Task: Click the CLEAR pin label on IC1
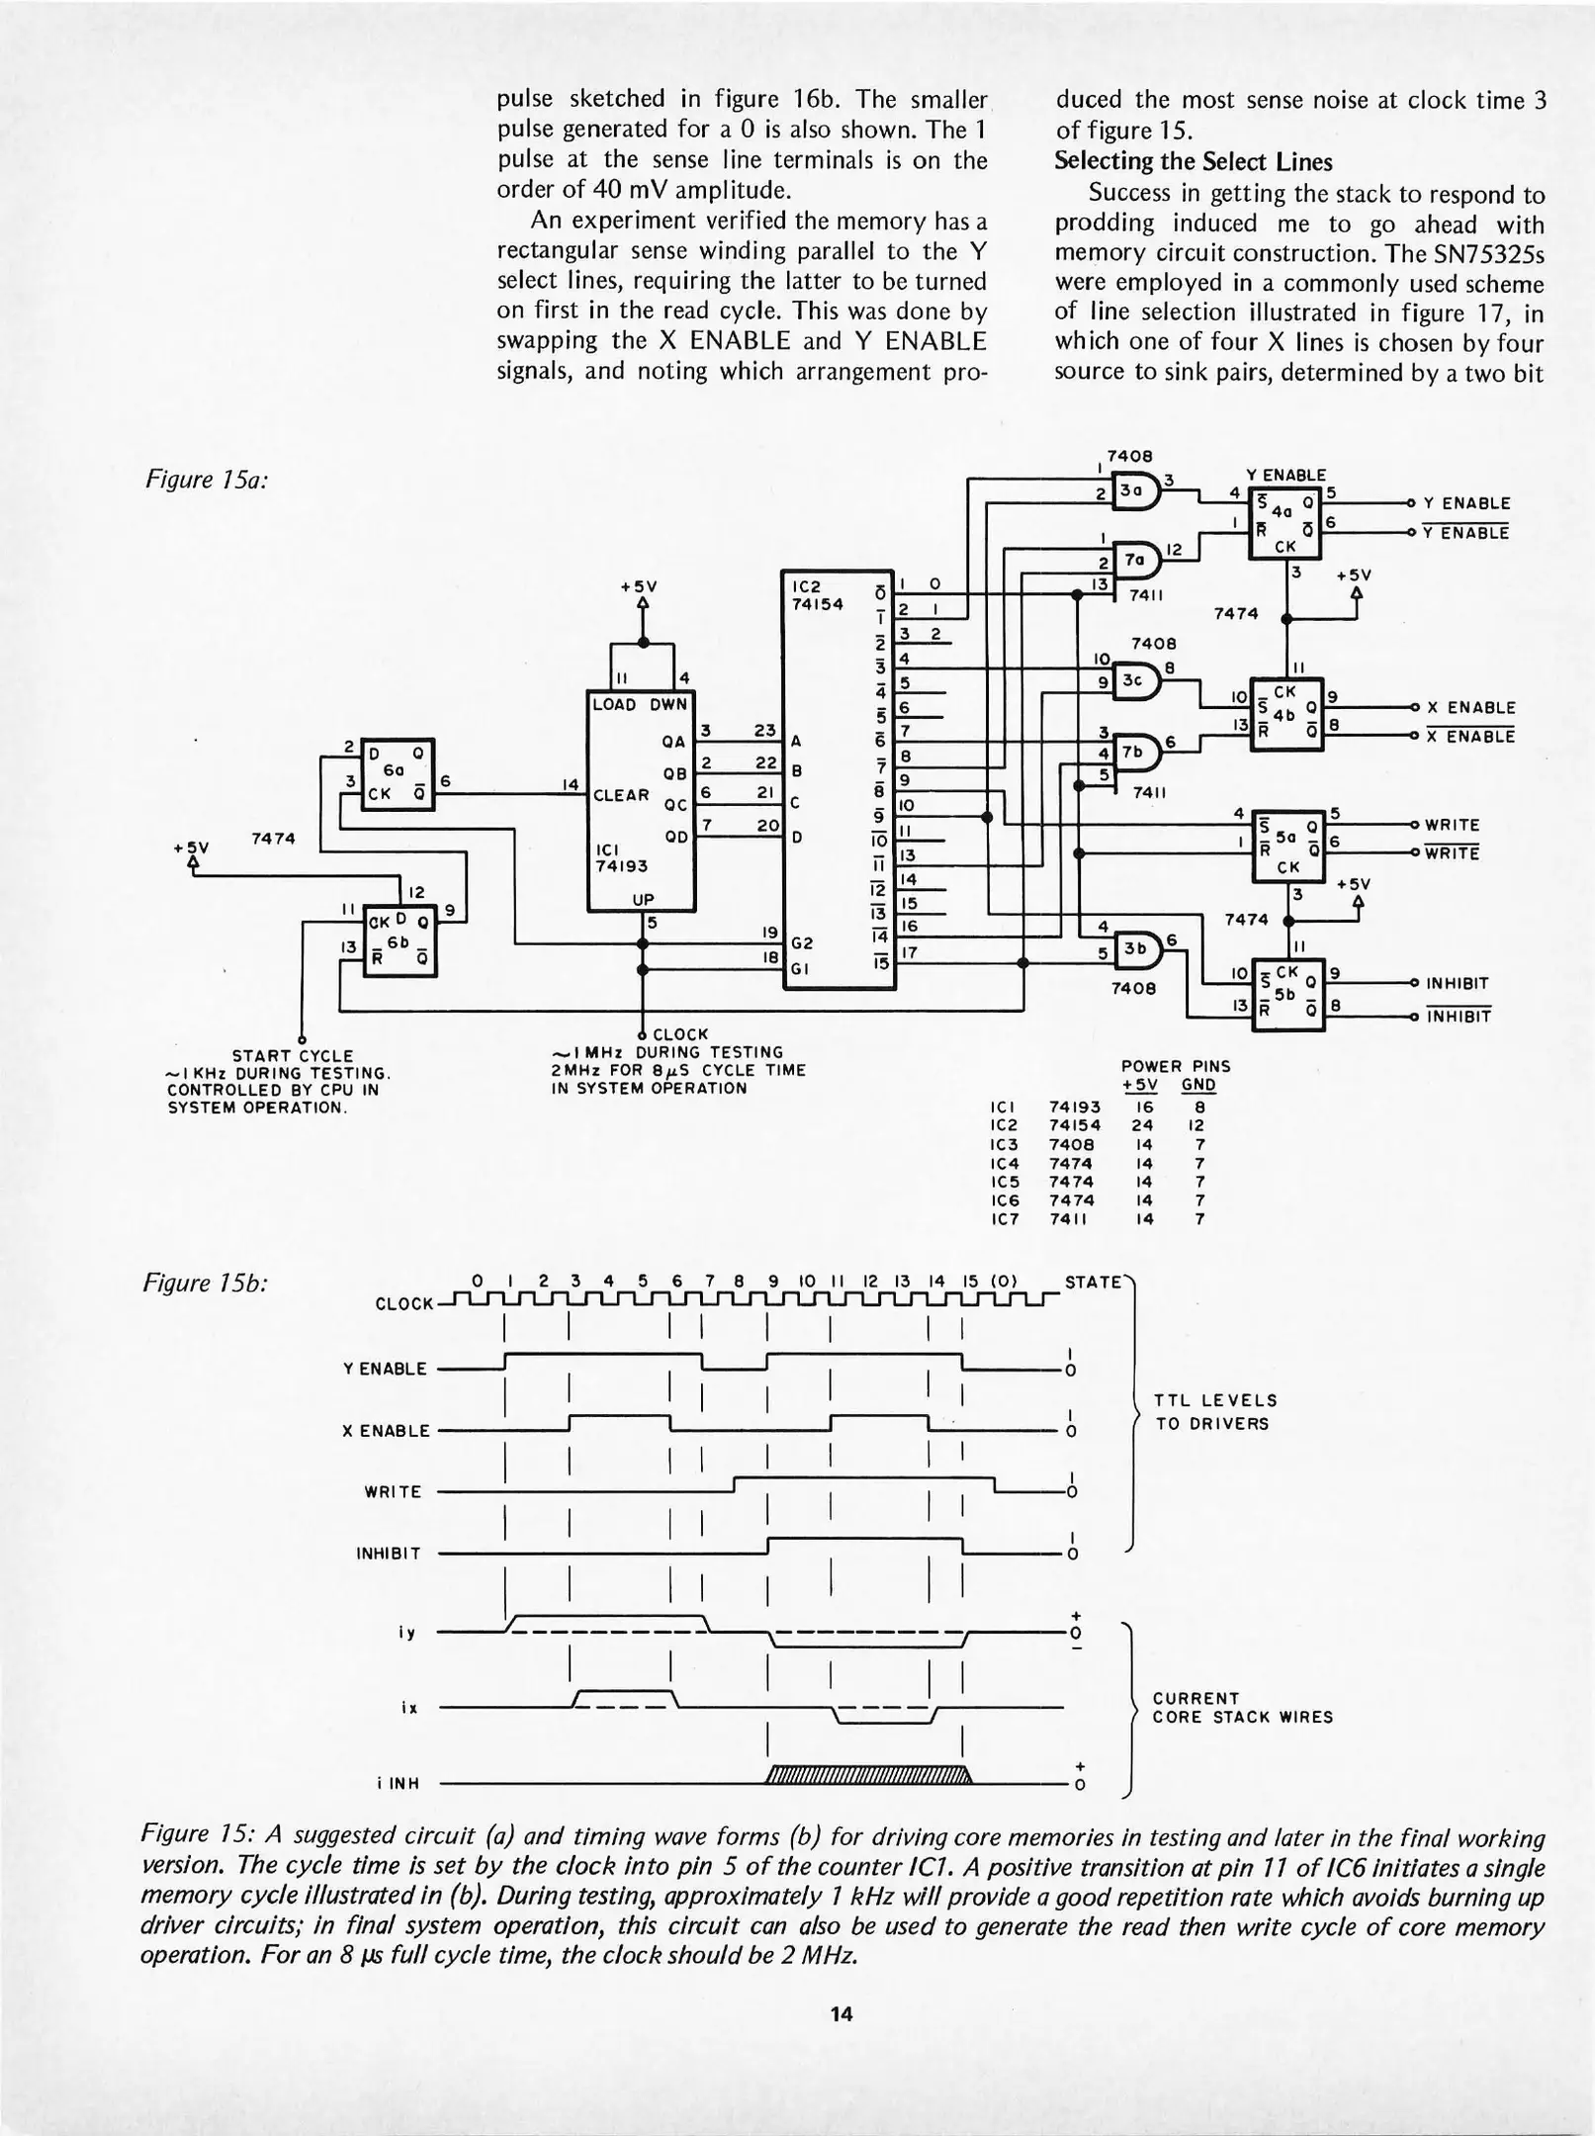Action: coord(620,795)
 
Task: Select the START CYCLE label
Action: coord(292,1056)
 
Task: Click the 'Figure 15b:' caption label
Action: coord(207,1285)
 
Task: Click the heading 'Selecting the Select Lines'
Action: coord(1193,162)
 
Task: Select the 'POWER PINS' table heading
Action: coord(1175,1066)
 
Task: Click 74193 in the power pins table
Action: coord(1074,1107)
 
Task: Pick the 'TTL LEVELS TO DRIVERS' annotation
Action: coord(1215,1412)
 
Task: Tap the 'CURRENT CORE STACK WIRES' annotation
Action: coord(1242,1708)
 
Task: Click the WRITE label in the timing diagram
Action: coord(393,1491)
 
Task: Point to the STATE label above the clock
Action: coord(1093,1283)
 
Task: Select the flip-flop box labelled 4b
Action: coord(1286,714)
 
